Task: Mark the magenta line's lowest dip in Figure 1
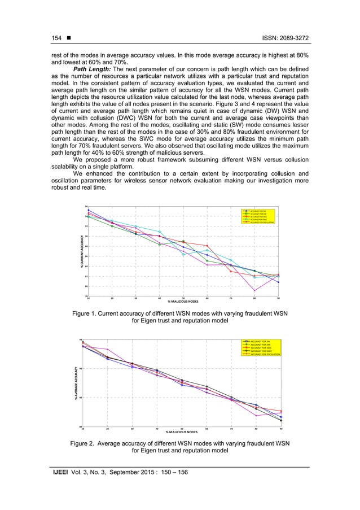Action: (x=255, y=290)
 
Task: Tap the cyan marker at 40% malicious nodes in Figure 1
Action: (x=160, y=232)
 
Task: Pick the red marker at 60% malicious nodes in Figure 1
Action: (x=207, y=246)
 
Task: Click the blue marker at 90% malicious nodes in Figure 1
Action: (x=279, y=282)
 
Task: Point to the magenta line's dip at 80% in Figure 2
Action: (x=257, y=416)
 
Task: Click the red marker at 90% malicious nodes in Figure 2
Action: (x=281, y=411)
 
